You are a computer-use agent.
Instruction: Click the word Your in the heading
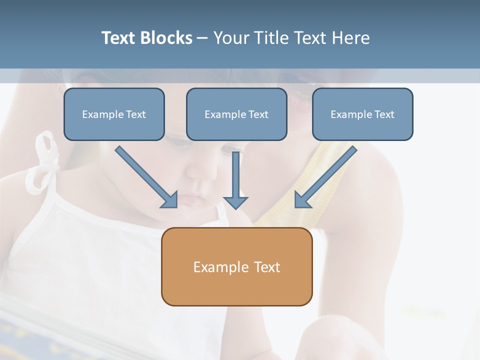pyautogui.click(x=229, y=38)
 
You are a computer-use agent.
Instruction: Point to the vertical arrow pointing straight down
pyautogui.click(x=235, y=180)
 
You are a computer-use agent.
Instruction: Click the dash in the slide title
pyautogui.click(x=202, y=38)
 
